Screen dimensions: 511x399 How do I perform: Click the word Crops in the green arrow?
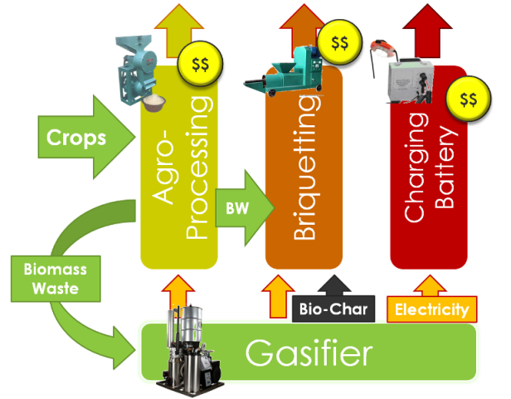(x=76, y=138)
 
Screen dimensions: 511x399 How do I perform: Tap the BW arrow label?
(x=237, y=208)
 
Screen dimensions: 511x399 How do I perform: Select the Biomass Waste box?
(x=56, y=279)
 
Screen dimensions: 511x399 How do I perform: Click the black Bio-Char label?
(x=333, y=309)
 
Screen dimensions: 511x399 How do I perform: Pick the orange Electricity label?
(x=432, y=309)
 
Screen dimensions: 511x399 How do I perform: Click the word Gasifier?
(x=309, y=353)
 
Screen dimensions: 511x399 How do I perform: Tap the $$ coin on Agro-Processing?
(x=200, y=64)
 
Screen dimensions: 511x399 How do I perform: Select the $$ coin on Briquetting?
(x=339, y=42)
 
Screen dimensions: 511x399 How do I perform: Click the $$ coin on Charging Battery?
(x=469, y=99)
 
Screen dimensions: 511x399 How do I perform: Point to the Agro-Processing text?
(x=181, y=168)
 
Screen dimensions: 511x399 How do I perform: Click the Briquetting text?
(x=305, y=168)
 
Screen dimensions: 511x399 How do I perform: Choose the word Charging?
(x=416, y=168)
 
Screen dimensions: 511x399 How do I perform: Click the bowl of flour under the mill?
(x=153, y=103)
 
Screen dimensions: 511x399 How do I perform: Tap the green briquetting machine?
(x=283, y=71)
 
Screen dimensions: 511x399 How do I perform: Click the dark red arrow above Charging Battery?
(x=427, y=32)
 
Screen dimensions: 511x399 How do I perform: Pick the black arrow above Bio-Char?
(x=334, y=285)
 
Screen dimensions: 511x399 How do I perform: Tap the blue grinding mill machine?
(x=137, y=70)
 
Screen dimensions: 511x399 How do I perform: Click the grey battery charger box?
(x=411, y=80)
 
